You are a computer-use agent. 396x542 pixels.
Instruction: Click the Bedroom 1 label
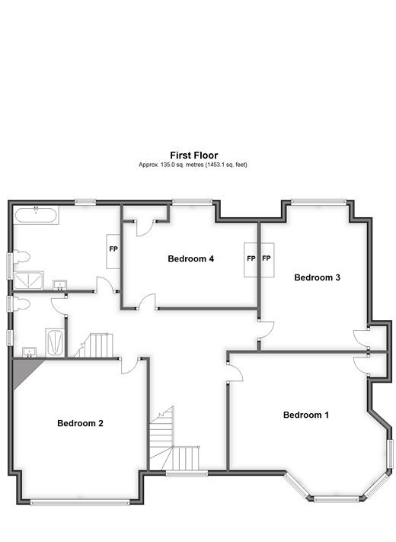pyautogui.click(x=305, y=415)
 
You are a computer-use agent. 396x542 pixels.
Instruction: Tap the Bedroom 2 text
pyautogui.click(x=80, y=424)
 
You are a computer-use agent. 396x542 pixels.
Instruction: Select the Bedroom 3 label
pyautogui.click(x=317, y=277)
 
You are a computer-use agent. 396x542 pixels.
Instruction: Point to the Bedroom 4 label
pyautogui.click(x=190, y=259)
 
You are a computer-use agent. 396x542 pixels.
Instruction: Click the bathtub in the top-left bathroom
pyautogui.click(x=36, y=214)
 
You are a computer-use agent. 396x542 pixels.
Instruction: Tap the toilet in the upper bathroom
pyautogui.click(x=21, y=257)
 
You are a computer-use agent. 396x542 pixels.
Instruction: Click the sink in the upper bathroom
pyautogui.click(x=59, y=285)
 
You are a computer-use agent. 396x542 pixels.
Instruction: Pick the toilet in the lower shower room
pyautogui.click(x=21, y=305)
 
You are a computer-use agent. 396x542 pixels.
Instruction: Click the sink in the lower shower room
pyautogui.click(x=29, y=351)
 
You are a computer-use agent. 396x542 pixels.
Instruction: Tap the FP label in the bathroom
pyautogui.click(x=113, y=249)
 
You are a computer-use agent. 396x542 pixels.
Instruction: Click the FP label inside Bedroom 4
pyautogui.click(x=251, y=258)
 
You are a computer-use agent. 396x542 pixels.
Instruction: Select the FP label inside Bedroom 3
pyautogui.click(x=267, y=258)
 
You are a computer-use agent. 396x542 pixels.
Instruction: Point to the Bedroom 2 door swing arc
pyautogui.click(x=131, y=365)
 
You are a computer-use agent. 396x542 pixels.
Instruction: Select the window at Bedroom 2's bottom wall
pyautogui.click(x=80, y=501)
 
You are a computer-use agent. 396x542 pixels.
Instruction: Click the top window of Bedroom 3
pyautogui.click(x=318, y=202)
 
